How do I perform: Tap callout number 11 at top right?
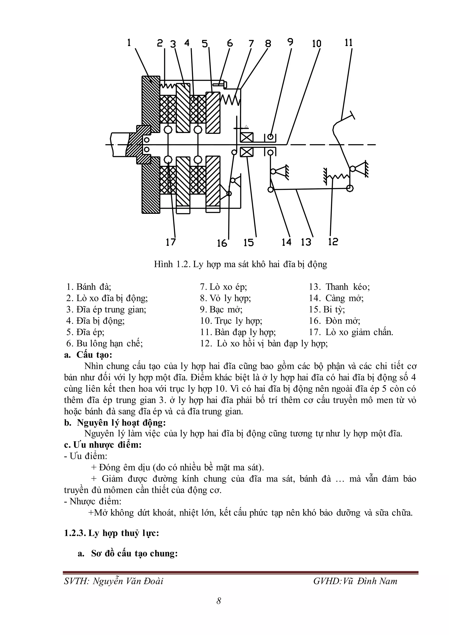point(349,43)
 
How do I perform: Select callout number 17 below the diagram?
point(171,242)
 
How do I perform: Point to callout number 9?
point(290,42)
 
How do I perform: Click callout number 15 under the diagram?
point(249,243)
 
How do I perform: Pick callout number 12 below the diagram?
point(333,242)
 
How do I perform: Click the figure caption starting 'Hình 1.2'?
point(240,264)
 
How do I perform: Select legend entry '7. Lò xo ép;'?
point(223,287)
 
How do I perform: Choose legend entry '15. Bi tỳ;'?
point(327,309)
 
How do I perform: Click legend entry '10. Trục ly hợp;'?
point(231,321)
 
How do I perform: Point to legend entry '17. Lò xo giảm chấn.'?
point(351,332)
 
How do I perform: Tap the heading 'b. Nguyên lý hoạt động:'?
point(115,423)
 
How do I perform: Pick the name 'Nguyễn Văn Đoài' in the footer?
point(128,581)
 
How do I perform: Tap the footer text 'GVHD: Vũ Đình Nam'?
point(355,581)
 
